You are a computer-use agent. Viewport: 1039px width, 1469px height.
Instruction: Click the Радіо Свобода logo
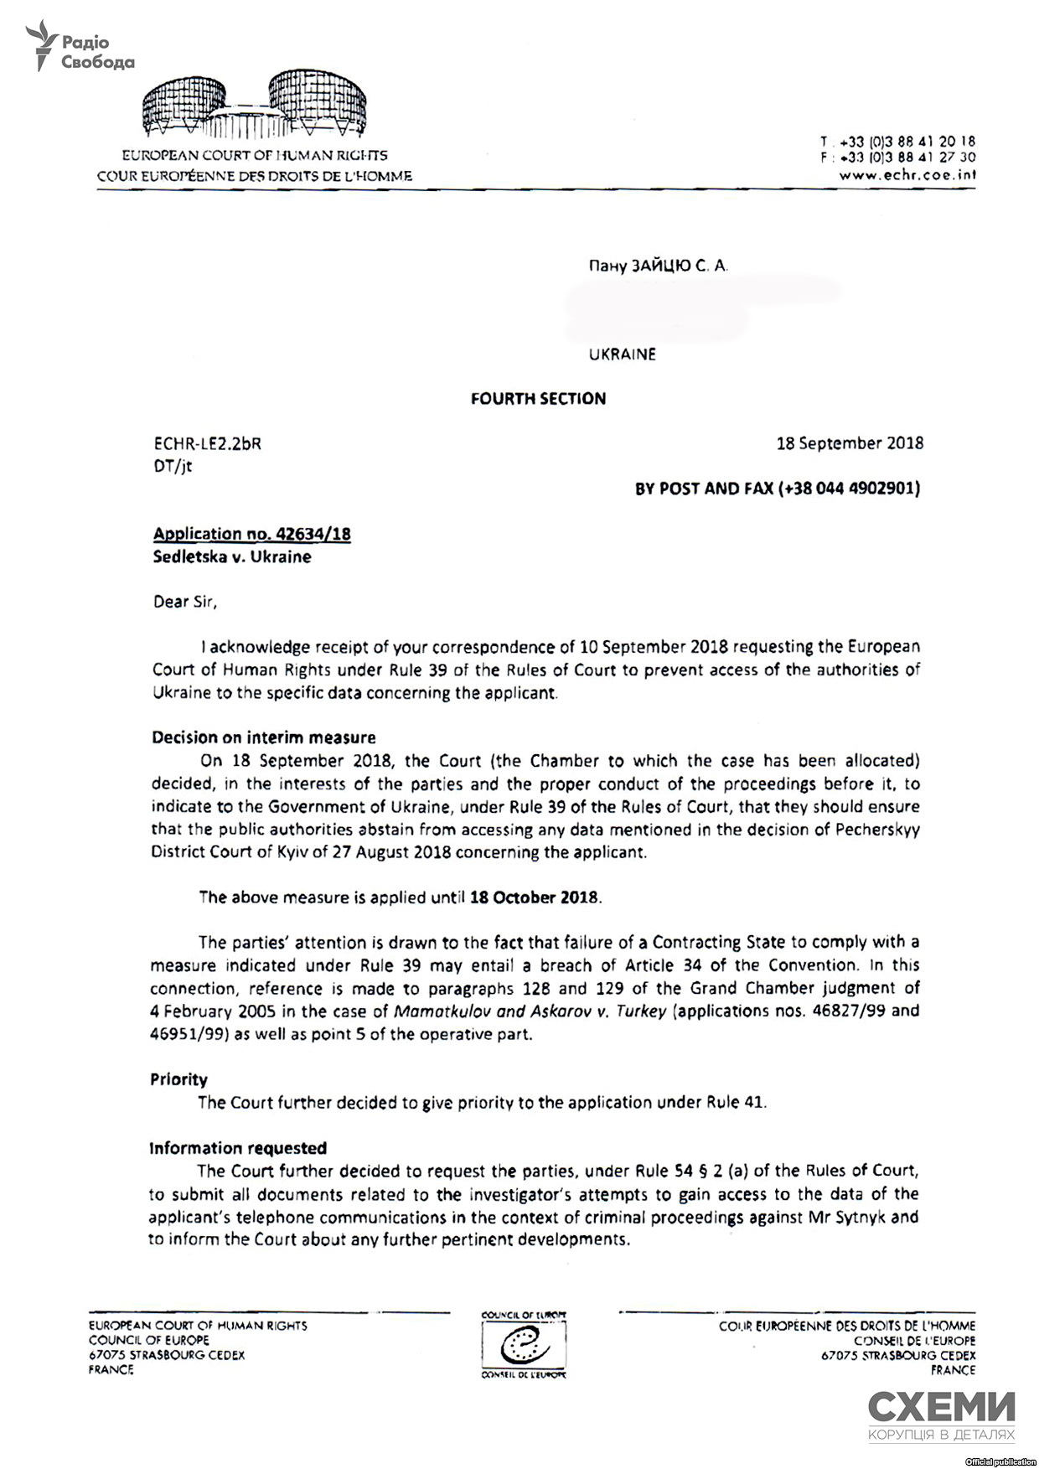click(x=80, y=49)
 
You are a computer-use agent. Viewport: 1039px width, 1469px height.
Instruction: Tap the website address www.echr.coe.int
click(x=907, y=175)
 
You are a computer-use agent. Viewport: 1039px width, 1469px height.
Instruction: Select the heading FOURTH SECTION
click(x=538, y=399)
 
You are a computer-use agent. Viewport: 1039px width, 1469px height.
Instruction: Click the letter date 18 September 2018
click(x=850, y=443)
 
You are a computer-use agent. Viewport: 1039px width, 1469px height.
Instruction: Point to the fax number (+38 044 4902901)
click(x=849, y=489)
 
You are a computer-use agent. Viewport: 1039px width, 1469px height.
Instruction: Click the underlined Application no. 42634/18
click(x=251, y=534)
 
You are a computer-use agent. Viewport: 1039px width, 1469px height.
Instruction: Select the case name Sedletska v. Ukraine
click(x=231, y=557)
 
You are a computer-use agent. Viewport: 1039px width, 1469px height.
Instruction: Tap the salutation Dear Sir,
click(x=184, y=602)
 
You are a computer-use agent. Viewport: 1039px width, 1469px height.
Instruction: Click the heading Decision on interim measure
click(x=263, y=738)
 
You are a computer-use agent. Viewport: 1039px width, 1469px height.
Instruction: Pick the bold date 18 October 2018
click(x=534, y=897)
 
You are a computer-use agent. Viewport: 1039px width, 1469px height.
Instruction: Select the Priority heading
click(x=178, y=1079)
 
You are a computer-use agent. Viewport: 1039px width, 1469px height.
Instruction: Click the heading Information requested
click(x=237, y=1148)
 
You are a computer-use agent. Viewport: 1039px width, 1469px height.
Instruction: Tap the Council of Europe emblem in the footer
click(x=524, y=1347)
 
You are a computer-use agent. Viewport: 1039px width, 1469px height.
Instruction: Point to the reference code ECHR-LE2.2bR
click(x=206, y=444)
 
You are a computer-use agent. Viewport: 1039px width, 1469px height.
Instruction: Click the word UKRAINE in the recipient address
click(x=622, y=354)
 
